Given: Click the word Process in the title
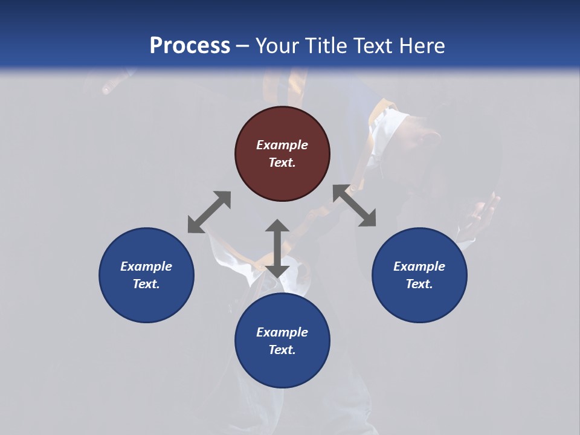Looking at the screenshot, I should point(190,46).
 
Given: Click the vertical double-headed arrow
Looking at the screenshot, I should point(277,248).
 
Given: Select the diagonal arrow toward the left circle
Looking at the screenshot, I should point(209,212).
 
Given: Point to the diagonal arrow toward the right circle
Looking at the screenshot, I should point(354,205).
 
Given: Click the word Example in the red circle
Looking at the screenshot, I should point(282,145).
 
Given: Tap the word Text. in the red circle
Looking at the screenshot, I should point(282,163).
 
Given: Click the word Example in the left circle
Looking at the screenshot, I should point(146,266).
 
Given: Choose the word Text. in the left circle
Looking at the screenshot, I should point(146,284).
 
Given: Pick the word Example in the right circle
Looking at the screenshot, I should point(419,266).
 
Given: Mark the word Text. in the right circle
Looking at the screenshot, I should point(419,284).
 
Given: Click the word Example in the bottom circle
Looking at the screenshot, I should point(282,332).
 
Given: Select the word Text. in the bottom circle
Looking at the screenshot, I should point(282,350).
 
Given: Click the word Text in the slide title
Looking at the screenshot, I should point(372,46).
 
